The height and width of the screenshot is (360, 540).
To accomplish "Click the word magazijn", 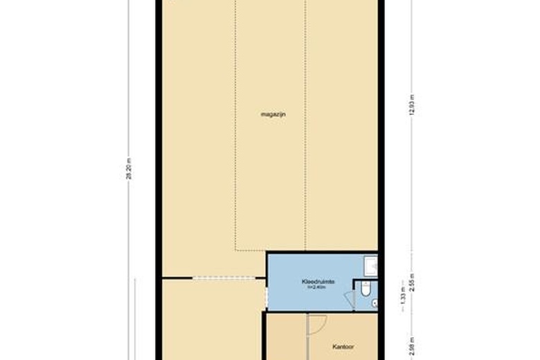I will [273, 114].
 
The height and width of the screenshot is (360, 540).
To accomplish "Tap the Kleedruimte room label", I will [318, 282].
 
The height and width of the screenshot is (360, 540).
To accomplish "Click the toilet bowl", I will [366, 290].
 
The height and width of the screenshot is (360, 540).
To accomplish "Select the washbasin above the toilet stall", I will [371, 266].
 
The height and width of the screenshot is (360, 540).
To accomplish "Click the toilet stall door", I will [349, 299].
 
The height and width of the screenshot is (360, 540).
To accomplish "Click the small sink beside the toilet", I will [375, 303].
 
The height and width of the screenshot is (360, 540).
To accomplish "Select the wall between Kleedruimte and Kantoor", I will [321, 312].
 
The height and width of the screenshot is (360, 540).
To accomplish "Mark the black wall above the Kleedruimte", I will [322, 253].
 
